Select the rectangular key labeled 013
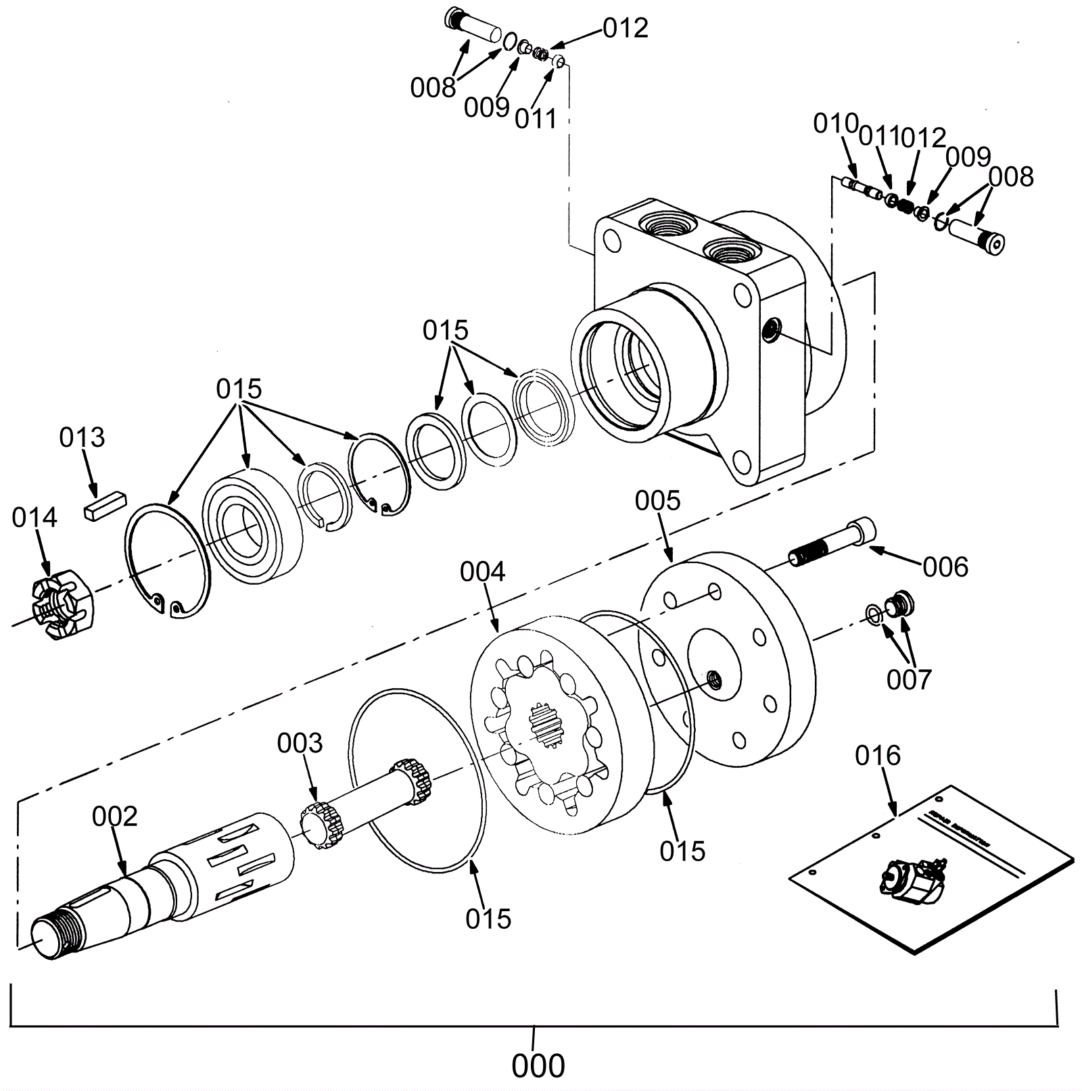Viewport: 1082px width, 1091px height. point(105,506)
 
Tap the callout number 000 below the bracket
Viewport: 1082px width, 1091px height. point(538,1066)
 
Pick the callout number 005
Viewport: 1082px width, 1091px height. point(657,501)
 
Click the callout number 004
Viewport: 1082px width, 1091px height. point(482,572)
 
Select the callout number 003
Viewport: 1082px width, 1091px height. point(300,743)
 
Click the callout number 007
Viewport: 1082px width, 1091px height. point(909,679)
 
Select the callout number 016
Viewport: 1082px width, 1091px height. point(878,755)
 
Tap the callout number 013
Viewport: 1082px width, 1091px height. point(82,437)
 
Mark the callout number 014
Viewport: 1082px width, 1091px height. point(34,518)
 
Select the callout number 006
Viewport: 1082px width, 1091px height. point(945,566)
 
